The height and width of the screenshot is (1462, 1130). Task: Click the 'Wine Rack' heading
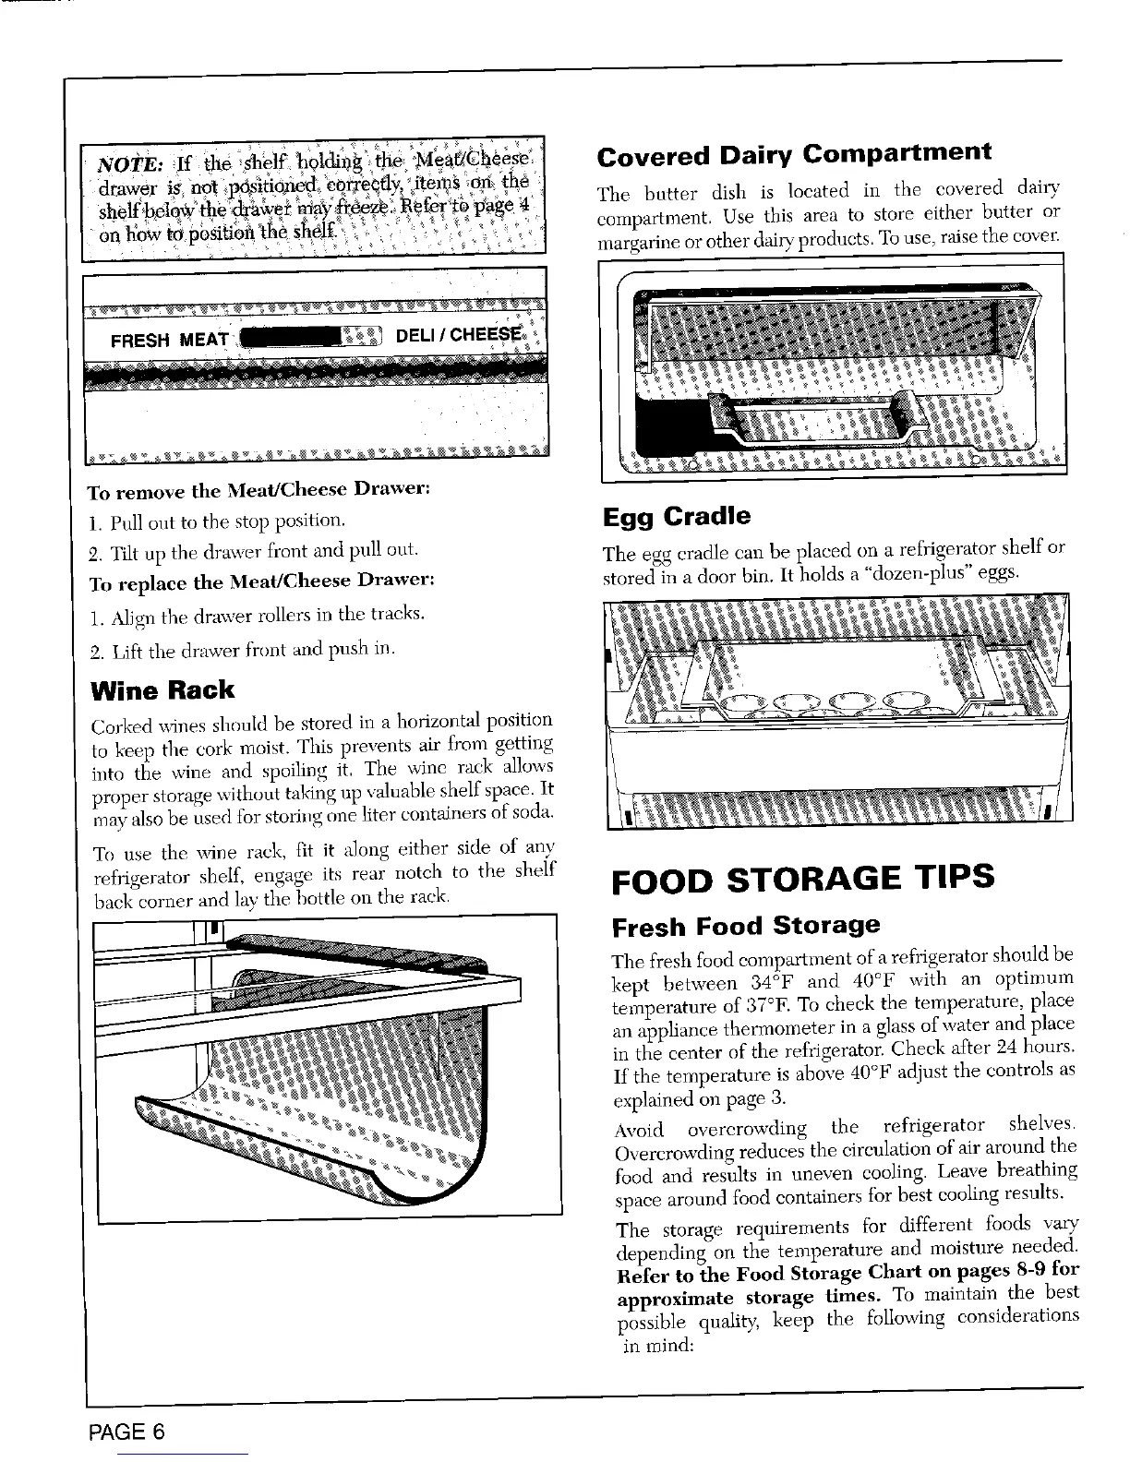pos(162,690)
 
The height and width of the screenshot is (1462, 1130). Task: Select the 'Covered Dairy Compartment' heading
pos(794,154)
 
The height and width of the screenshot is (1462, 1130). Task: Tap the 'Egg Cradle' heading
pos(677,516)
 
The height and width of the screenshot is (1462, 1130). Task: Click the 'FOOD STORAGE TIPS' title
pos(802,876)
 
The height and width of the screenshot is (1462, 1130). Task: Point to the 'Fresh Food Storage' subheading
pos(746,926)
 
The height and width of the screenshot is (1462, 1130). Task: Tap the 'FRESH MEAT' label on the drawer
pos(170,340)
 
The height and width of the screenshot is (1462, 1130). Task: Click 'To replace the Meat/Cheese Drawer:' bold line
pos(261,581)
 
